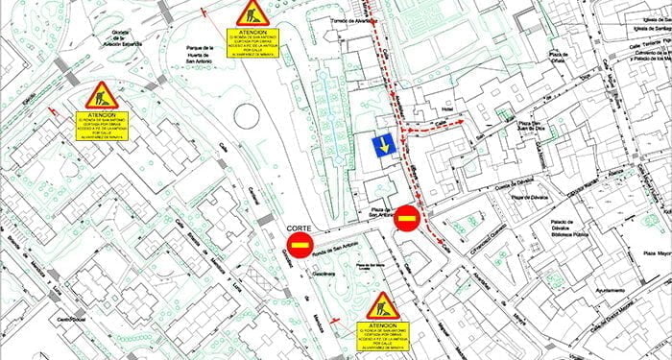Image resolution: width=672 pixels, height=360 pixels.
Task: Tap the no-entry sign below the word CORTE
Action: tap(300, 245)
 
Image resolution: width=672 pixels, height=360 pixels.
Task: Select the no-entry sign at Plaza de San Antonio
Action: tap(406, 219)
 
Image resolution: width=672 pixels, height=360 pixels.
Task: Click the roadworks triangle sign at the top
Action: tap(252, 13)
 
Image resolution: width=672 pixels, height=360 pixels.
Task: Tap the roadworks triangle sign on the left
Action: tap(101, 96)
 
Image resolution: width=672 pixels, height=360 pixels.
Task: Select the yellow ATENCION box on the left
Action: tap(101, 126)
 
